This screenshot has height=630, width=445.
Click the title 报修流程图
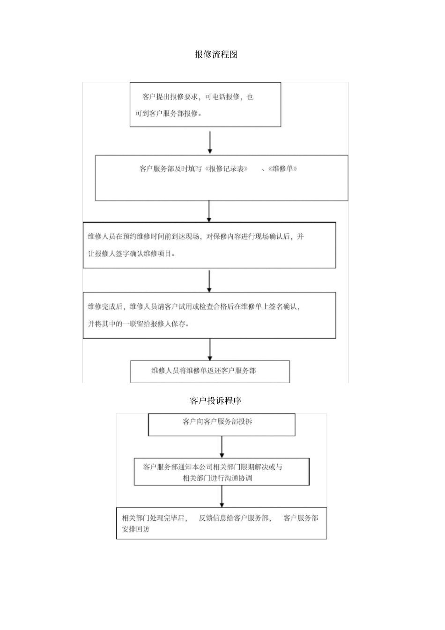point(216,54)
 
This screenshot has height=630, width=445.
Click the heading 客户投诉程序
point(215,400)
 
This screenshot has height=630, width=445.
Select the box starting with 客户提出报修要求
point(205,105)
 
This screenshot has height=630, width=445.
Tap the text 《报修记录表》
point(226,169)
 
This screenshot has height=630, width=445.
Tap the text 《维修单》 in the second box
point(282,169)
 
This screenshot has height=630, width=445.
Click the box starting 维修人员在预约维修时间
point(209,245)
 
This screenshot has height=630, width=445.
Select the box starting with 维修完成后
point(209,315)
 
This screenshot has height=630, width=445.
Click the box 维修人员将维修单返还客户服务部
point(210,371)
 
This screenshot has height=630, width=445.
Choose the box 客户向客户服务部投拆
point(222,424)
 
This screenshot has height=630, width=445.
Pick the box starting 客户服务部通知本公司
point(222,472)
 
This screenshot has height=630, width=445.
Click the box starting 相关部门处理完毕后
point(221,523)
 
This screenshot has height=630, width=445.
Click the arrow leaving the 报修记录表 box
point(209,211)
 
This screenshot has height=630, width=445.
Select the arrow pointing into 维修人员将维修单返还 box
point(210,349)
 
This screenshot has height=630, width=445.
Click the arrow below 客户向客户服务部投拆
point(222,447)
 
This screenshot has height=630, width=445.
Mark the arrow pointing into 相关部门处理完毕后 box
point(222,496)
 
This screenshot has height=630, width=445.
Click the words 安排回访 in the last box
point(135,529)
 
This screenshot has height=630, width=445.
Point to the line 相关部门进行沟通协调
point(217,478)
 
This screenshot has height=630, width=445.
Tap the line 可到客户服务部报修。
point(169,113)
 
